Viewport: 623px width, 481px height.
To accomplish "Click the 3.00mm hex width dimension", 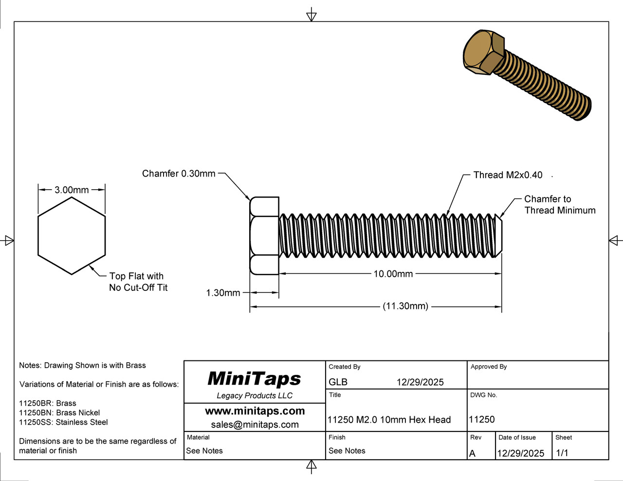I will [72, 190].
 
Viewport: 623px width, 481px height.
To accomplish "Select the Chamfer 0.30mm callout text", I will [179, 174].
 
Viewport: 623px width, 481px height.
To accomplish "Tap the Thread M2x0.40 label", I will [508, 175].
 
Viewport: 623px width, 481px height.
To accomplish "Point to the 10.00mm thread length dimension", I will [393, 274].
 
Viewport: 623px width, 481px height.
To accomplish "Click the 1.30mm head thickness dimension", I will [223, 293].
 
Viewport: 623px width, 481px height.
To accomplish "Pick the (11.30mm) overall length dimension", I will [405, 306].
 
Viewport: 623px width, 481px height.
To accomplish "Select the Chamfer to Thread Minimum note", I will [559, 205].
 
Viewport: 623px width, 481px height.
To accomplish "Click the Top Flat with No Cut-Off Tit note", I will [138, 282].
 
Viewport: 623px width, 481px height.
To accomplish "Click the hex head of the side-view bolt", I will [264, 236].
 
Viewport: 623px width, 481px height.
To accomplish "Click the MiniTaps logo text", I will [254, 378].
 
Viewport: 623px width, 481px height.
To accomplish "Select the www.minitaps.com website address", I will [255, 411].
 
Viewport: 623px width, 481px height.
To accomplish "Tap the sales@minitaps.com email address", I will [255, 425].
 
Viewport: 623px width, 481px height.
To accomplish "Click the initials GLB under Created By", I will [338, 382].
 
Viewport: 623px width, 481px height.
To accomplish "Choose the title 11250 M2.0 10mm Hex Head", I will [389, 420].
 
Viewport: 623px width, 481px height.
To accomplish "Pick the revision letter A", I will [472, 453].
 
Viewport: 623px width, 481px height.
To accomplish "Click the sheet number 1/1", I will [562, 453].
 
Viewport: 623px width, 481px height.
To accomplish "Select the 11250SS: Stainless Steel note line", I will [63, 422].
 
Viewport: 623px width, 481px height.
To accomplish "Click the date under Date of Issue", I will [520, 453].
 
